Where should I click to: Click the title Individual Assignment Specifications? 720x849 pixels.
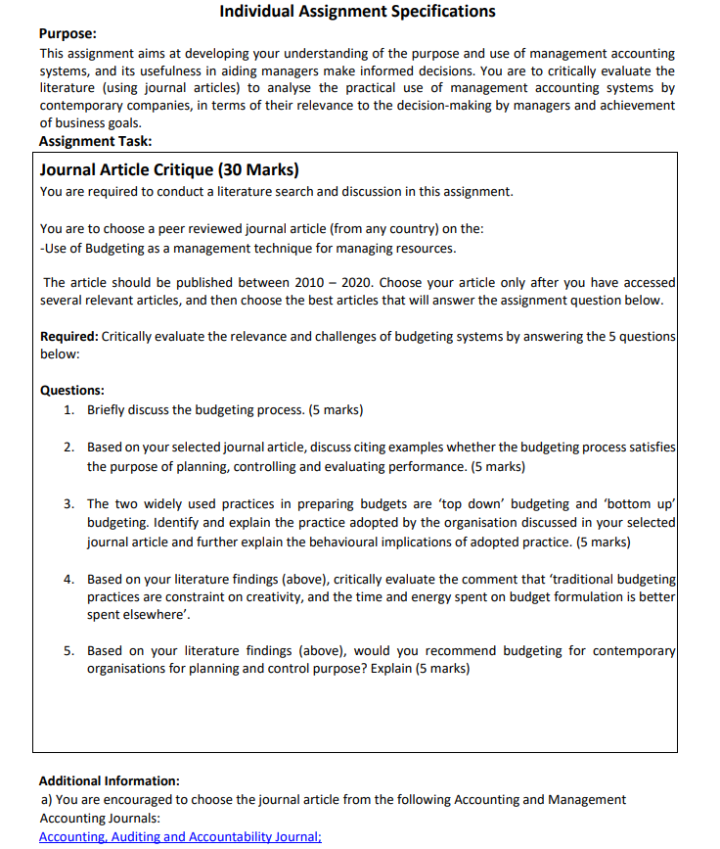pyautogui.click(x=357, y=12)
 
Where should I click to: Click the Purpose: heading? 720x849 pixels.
pyautogui.click(x=67, y=33)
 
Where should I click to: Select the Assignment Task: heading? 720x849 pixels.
pyautogui.click(x=88, y=141)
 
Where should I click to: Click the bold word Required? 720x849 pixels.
pyautogui.click(x=68, y=336)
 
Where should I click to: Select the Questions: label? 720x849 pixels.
pyautogui.click(x=72, y=390)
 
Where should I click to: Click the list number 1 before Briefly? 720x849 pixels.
pyautogui.click(x=68, y=409)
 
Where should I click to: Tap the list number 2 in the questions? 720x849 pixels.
pyautogui.click(x=68, y=447)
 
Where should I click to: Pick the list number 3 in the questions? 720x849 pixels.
pyautogui.click(x=68, y=503)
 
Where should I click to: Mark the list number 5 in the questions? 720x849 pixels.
pyautogui.click(x=68, y=650)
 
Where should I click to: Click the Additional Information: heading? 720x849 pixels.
pyautogui.click(x=109, y=780)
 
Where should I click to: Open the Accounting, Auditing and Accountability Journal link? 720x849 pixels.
pyautogui.click(x=180, y=837)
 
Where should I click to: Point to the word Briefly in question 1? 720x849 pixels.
pyautogui.click(x=110, y=409)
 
